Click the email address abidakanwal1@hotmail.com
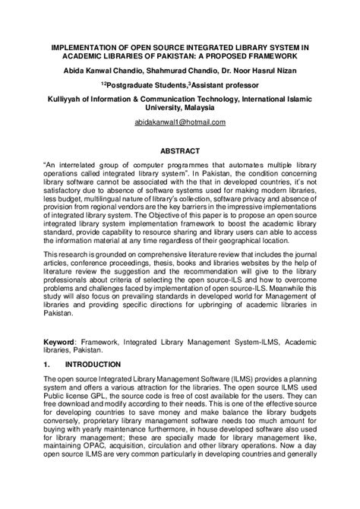point(179,122)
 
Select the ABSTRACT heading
point(180,150)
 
